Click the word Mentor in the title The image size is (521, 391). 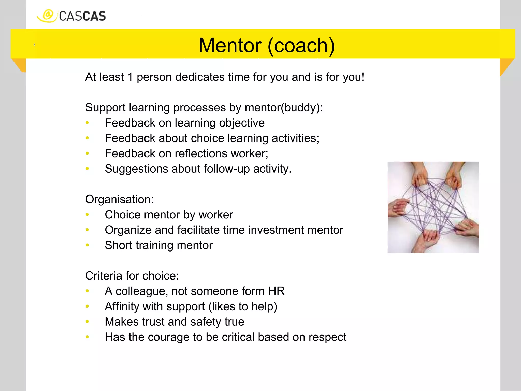(230, 46)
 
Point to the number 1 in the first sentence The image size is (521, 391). (130, 77)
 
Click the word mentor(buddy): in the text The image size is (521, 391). (284, 108)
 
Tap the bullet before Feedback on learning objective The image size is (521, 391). (87, 123)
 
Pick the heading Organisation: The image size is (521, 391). (119, 199)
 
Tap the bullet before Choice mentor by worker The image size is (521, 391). (87, 215)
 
